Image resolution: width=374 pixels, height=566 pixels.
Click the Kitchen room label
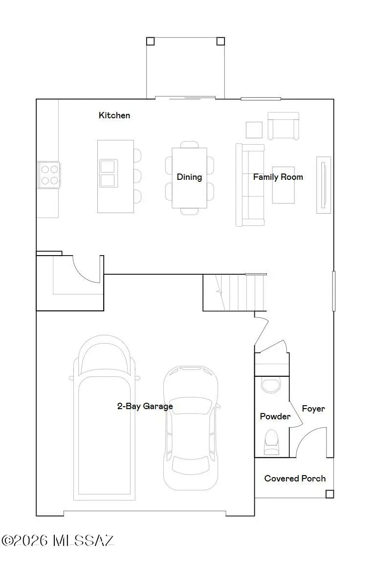(x=114, y=115)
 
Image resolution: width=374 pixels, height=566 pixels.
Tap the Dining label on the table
(x=189, y=177)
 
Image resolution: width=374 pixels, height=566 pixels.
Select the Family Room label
(x=278, y=177)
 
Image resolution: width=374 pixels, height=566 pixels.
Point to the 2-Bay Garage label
(x=145, y=406)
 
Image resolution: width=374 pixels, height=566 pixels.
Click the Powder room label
(x=275, y=416)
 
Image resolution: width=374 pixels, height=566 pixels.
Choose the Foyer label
(x=313, y=409)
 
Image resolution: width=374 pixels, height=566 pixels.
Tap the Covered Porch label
(x=295, y=479)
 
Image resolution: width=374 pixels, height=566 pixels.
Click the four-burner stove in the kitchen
(x=49, y=175)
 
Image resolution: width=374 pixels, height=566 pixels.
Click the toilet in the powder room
(x=272, y=442)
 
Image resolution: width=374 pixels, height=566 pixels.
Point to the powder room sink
(x=271, y=386)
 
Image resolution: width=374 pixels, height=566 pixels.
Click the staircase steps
(x=235, y=292)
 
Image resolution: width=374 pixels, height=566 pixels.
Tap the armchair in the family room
(x=284, y=126)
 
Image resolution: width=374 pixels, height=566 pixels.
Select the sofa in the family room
(x=250, y=185)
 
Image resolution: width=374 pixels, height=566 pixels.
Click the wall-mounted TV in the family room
(x=324, y=185)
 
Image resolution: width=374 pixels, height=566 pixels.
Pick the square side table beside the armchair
(x=254, y=130)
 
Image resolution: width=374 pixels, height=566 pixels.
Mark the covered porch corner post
(x=330, y=494)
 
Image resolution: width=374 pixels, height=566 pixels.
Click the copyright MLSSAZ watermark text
(x=58, y=541)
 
